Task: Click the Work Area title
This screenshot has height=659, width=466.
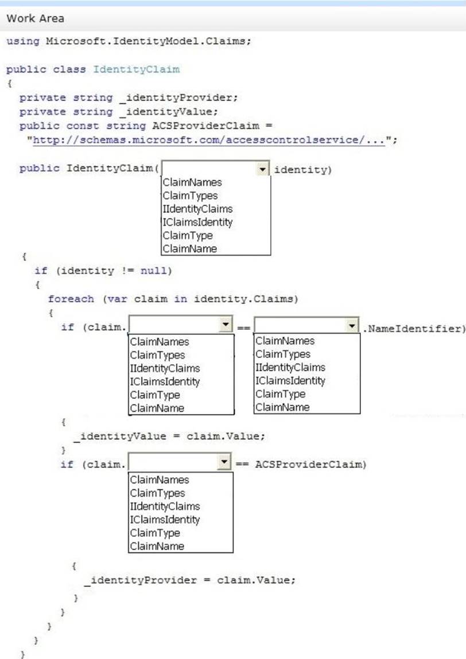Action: pos(35,18)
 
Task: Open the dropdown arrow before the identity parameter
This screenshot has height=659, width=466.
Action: pos(262,169)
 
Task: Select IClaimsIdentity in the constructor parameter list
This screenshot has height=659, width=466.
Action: pos(197,222)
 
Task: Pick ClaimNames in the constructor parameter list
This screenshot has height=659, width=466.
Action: pos(192,182)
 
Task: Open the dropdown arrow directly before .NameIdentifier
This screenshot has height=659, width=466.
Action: pos(352,326)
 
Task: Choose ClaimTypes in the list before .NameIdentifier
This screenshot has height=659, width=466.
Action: pos(283,354)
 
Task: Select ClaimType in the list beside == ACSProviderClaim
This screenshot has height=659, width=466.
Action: pos(155,533)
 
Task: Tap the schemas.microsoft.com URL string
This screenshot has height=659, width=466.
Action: pos(209,140)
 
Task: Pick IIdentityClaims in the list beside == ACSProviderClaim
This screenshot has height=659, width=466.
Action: pos(165,506)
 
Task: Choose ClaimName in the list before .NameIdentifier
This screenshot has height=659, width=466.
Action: pos(282,407)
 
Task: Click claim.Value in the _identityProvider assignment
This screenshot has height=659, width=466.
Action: pos(256,580)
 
